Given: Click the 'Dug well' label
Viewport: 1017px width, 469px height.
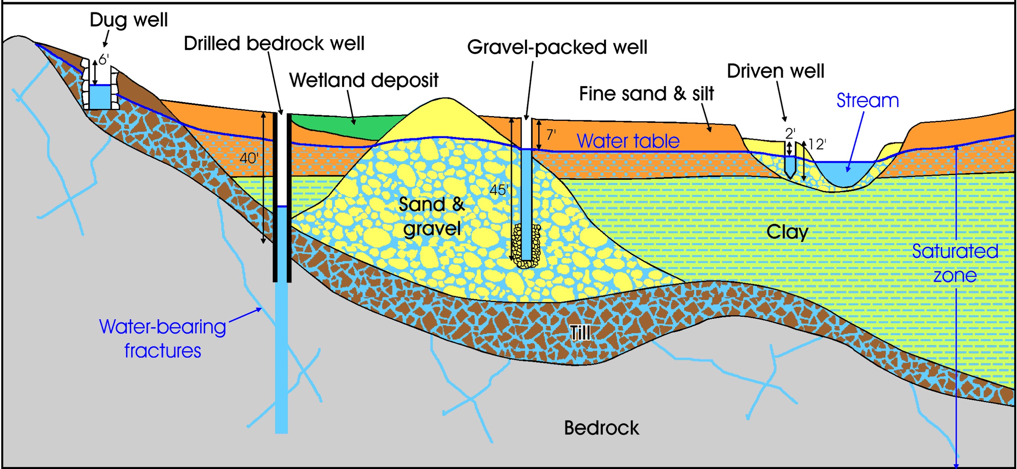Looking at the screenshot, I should (x=129, y=20).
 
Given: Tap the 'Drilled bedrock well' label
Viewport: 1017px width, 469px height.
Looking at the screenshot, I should (x=274, y=43).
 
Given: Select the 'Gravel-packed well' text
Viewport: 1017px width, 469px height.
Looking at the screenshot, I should (x=557, y=47).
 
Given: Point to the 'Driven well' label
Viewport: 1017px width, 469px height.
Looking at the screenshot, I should (x=775, y=71).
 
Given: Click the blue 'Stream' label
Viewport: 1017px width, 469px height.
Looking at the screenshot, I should (x=868, y=100).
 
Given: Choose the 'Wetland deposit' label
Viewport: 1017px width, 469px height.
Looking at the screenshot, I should (x=364, y=80).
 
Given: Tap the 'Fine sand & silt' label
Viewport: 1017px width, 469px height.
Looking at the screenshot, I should (x=646, y=94).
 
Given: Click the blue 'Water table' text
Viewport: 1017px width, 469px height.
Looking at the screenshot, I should (x=628, y=141).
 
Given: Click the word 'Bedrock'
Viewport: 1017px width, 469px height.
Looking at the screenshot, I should (x=601, y=428).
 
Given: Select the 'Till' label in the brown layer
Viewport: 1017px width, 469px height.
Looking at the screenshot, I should (x=580, y=333).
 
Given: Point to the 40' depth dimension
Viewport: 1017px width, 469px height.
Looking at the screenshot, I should (x=249, y=158).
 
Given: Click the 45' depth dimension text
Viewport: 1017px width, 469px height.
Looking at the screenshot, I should (x=498, y=190).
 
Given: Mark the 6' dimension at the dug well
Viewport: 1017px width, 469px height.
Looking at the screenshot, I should (x=103, y=60).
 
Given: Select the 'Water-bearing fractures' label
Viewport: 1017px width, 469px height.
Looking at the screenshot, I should (x=162, y=339).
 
